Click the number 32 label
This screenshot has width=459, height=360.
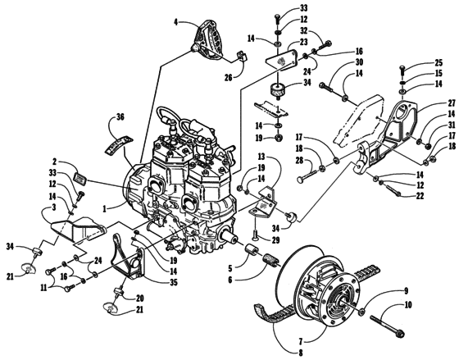point(303,30)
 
